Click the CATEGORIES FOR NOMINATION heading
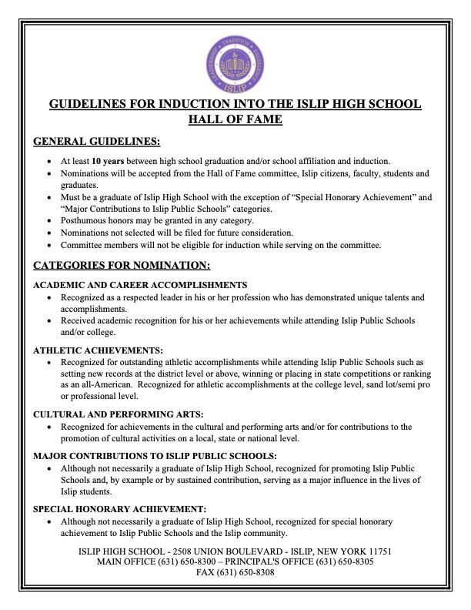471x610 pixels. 122,266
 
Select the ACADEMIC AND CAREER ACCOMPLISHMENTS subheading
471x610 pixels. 140,285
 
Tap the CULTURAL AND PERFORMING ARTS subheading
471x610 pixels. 119,414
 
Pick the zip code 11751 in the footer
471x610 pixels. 379,551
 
